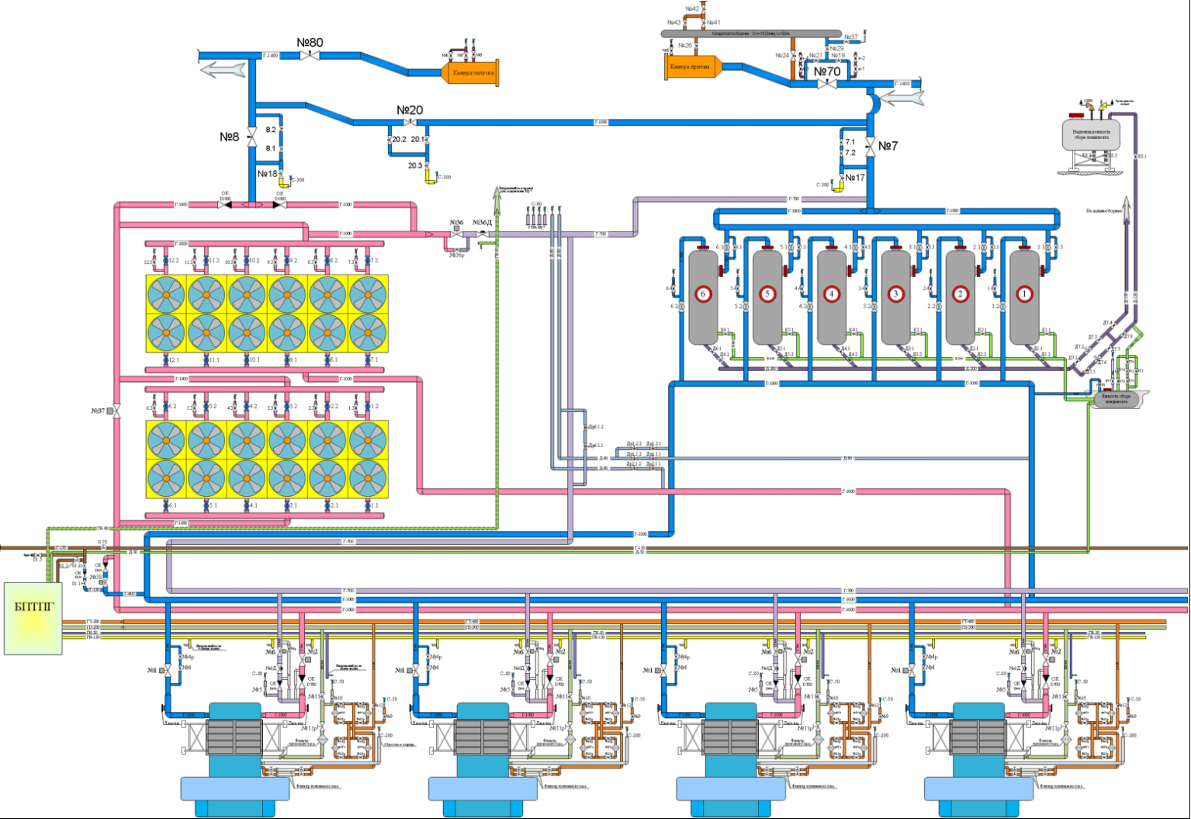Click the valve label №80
(310, 43)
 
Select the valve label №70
(827, 71)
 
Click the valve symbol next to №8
(252, 137)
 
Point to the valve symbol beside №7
(871, 145)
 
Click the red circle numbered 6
(704, 294)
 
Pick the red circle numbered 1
(1024, 294)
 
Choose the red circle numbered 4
(832, 294)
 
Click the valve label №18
(267, 174)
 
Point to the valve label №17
(855, 178)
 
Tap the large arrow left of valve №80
(223, 69)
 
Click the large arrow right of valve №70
(904, 98)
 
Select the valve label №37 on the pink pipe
(97, 411)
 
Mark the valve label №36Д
(483, 223)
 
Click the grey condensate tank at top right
(1090, 134)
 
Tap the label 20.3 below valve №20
(415, 165)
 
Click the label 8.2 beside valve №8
(271, 130)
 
